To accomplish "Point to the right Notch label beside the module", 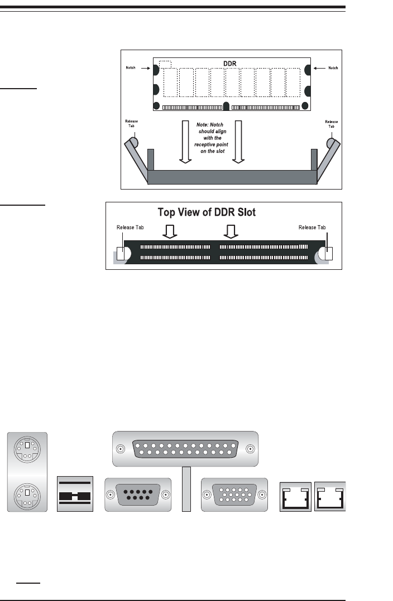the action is coord(333,67).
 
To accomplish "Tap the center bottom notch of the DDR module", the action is coord(226,106).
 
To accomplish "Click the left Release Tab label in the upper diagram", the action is coord(132,123).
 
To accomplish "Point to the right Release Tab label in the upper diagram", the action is coord(331,123).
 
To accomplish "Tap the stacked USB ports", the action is coord(75,495).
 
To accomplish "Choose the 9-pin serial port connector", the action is coord(137,495).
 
